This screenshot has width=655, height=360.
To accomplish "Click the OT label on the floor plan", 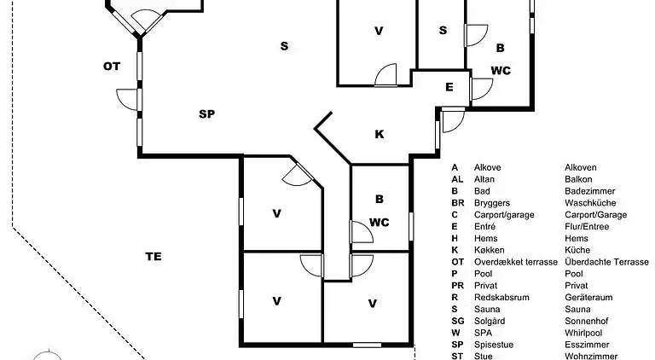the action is coord(112,67).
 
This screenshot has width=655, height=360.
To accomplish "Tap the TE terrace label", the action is coord(154,257).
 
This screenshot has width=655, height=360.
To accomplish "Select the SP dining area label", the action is coord(206,114).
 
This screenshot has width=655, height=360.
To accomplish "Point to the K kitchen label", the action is coord(380,134).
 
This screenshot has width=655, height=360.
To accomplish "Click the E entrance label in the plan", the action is coord(449,87).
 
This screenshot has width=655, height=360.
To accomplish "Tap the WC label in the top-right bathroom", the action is coord(501,71).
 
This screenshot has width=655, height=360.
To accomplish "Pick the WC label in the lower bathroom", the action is coord(379,223).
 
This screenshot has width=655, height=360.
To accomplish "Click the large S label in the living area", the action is coord(284,46).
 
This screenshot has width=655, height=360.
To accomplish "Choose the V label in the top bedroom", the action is coord(379,31).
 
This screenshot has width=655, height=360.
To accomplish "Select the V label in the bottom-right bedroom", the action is coord(373,304).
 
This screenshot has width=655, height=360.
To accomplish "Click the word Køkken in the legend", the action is coord(490,250).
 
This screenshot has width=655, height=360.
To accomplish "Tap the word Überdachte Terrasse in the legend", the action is coord(606,262).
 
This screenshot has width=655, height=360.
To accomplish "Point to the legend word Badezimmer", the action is coord(590,191).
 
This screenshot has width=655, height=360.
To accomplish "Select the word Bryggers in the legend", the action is coord(491,203).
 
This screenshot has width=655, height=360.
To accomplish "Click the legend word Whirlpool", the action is coord(583,333).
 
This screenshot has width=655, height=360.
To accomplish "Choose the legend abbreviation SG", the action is coord(457,321).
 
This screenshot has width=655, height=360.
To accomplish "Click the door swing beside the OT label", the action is coord(127,100).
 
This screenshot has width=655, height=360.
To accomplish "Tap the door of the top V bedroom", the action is coord(385,75).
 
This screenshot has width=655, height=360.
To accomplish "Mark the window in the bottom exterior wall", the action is coord(367,345).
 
